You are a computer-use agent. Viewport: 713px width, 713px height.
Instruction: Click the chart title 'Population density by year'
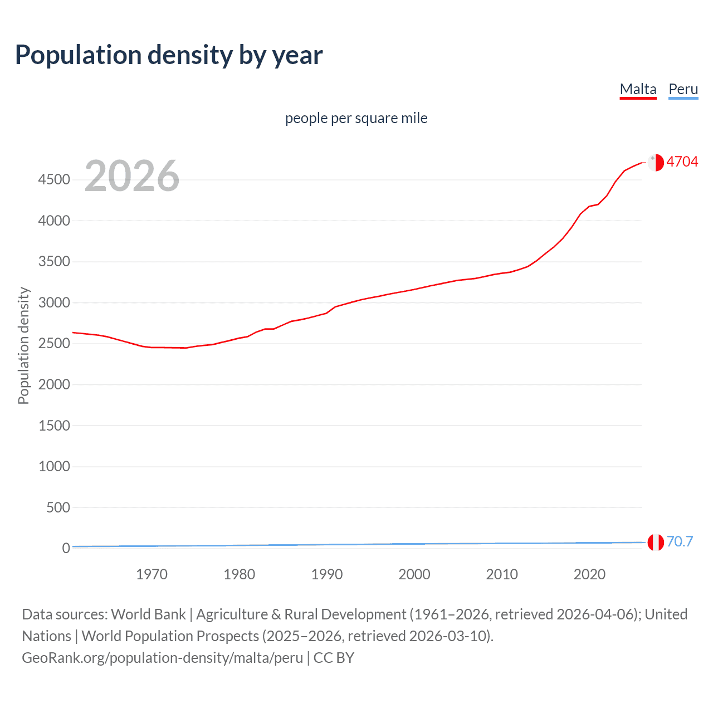pyautogui.click(x=169, y=55)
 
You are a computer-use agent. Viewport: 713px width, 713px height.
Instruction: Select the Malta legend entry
pyautogui.click(x=638, y=89)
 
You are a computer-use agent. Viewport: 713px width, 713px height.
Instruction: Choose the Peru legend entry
pyautogui.click(x=683, y=89)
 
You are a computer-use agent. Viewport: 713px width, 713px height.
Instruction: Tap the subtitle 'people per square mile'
pyautogui.click(x=356, y=118)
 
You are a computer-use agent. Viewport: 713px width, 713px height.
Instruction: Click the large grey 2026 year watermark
pyautogui.click(x=132, y=176)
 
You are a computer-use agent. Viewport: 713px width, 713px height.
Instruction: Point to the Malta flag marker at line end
pyautogui.click(x=656, y=162)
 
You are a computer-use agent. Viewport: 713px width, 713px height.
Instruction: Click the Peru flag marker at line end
pyautogui.click(x=656, y=542)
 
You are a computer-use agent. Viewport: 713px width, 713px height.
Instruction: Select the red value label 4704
pyautogui.click(x=682, y=162)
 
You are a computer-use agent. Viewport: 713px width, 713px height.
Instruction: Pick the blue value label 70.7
pyautogui.click(x=680, y=541)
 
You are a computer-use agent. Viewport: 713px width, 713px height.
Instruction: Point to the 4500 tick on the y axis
pyautogui.click(x=54, y=179)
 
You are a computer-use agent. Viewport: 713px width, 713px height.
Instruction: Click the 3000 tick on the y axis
pyautogui.click(x=54, y=302)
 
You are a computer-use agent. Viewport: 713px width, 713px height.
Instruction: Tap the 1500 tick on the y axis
pyautogui.click(x=54, y=426)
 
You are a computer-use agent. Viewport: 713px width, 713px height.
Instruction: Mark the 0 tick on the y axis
pyautogui.click(x=66, y=548)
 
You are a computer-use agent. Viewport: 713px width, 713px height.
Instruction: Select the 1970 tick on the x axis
pyautogui.click(x=152, y=574)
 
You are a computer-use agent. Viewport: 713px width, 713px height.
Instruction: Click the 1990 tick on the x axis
pyautogui.click(x=327, y=574)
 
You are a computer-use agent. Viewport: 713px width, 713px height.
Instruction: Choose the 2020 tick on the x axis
pyautogui.click(x=589, y=574)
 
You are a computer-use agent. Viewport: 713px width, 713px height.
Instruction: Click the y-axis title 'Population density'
pyautogui.click(x=23, y=345)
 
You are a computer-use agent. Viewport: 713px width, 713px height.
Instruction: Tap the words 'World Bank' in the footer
pyautogui.click(x=148, y=614)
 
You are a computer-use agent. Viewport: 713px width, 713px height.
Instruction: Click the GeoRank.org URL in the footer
pyautogui.click(x=162, y=658)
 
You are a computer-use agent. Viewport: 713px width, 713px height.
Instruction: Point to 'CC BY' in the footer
pyautogui.click(x=334, y=658)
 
